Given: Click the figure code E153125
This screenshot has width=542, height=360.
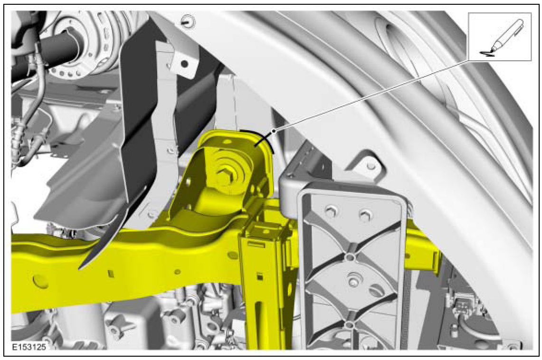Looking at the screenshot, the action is pos(29,347).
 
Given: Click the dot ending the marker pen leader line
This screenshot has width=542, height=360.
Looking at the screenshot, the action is pos(274,131).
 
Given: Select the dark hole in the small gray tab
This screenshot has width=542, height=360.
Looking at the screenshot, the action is pos(185,64).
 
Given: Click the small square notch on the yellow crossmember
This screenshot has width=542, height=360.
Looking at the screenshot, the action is pos(111,274).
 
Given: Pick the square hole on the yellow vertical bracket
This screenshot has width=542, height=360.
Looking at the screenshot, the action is pos(259,276).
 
